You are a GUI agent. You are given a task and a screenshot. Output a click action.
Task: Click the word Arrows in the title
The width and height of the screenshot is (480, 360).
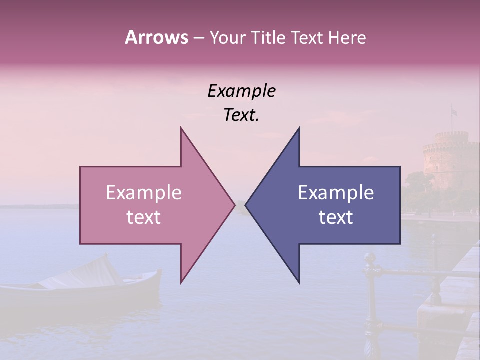(156, 37)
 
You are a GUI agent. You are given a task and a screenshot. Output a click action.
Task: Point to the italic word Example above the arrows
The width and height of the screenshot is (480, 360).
(241, 91)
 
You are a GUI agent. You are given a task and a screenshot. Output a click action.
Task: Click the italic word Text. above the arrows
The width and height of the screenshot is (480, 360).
(241, 115)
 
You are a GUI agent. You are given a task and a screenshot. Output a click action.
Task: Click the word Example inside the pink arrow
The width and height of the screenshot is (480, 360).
(144, 193)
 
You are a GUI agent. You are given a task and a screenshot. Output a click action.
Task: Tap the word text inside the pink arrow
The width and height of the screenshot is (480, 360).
(144, 217)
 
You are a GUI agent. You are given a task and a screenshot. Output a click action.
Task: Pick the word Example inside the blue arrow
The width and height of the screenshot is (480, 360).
(336, 193)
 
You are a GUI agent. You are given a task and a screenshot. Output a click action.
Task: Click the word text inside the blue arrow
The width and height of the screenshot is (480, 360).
(336, 217)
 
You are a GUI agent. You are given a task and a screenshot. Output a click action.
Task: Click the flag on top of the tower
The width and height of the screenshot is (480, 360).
(454, 112)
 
